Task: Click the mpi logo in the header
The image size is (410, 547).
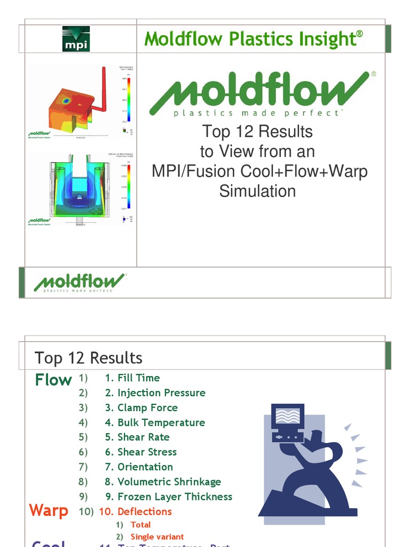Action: (76, 38)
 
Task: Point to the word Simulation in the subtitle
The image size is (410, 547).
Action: (257, 191)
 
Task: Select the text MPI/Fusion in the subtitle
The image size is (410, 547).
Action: (193, 171)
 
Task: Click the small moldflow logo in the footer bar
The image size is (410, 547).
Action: (80, 283)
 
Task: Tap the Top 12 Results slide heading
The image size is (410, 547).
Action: (89, 357)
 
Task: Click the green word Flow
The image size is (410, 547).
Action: (53, 380)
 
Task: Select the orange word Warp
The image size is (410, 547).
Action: (49, 511)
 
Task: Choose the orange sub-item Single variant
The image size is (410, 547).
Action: (157, 537)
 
